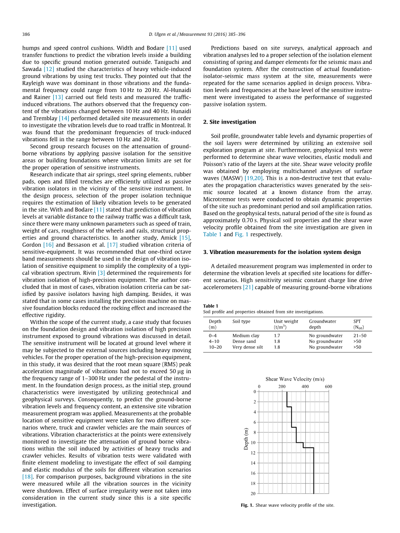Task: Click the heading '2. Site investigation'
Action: click(229, 122)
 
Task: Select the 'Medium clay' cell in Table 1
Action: click(246, 336)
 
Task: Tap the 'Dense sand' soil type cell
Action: click(244, 341)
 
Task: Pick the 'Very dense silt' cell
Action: click(247, 347)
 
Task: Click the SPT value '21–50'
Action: click(359, 336)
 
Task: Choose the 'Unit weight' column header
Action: click(286, 321)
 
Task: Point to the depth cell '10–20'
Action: click(215, 347)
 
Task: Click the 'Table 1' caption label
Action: click(211, 306)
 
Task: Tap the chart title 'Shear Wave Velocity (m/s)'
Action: click(294, 379)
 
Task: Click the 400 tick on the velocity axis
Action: click(305, 386)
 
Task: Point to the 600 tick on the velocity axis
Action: click(328, 386)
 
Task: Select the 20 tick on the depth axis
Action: click(253, 493)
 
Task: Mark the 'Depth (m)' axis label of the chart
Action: click(246, 438)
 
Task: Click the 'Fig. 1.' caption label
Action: click(247, 505)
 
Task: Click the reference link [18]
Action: click(27, 477)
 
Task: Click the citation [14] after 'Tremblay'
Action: click(64, 118)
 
